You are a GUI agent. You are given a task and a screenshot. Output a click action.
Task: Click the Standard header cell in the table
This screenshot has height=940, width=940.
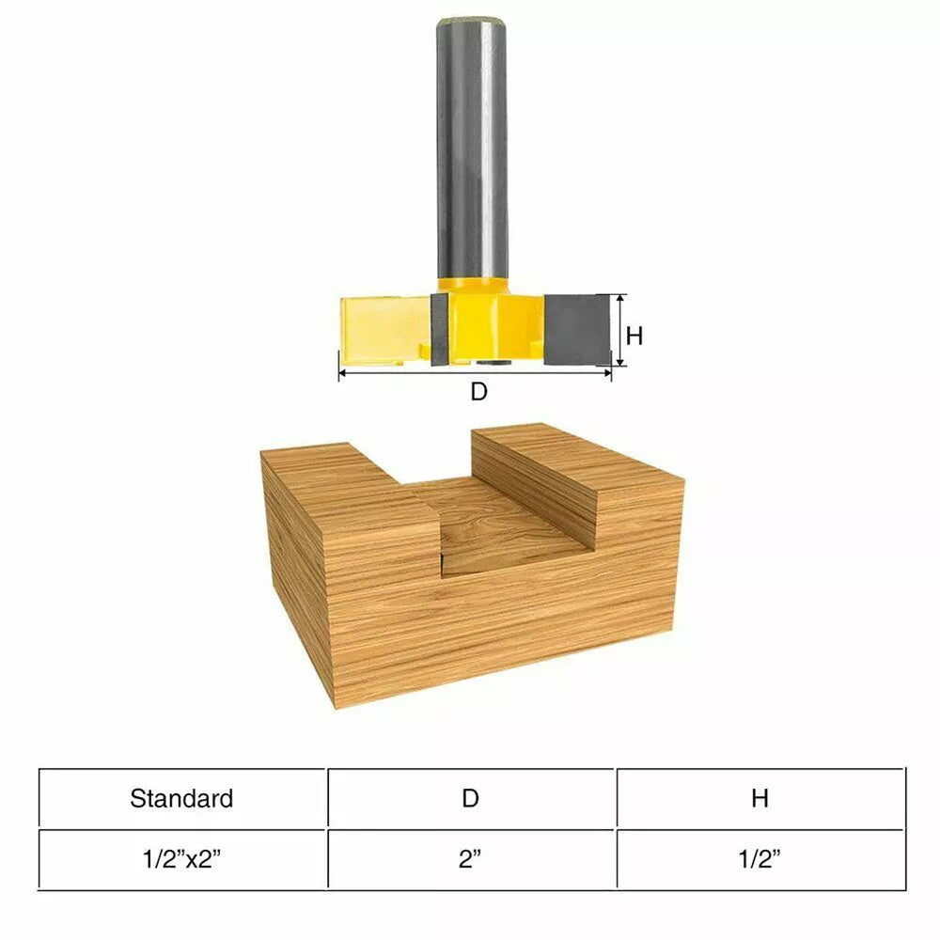coord(181,799)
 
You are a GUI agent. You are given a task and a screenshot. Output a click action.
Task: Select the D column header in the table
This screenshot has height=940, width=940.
coord(471,799)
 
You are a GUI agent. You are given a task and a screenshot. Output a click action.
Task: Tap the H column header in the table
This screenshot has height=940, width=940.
coord(760,799)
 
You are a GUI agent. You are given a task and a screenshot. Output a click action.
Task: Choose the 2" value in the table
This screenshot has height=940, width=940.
coord(471,860)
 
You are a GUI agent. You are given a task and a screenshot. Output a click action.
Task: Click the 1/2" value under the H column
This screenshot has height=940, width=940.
coord(760,860)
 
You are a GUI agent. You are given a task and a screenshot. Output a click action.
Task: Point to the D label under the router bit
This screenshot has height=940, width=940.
coord(479,392)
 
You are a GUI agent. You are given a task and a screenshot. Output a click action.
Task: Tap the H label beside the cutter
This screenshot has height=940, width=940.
coord(634,336)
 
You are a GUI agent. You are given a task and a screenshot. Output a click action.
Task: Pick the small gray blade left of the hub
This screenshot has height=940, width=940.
coord(439,329)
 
